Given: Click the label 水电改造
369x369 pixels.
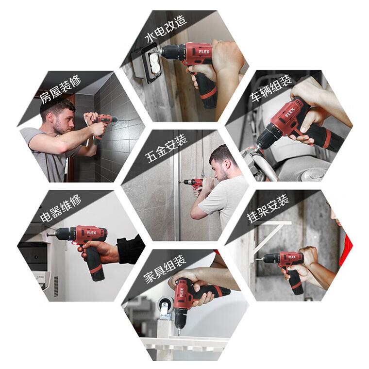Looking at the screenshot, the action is coord(166,29).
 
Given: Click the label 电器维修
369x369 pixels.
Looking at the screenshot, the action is coord(61,208).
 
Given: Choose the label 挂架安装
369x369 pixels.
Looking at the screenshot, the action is coord(268,208).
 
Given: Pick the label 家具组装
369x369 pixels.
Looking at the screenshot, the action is coord(165,269).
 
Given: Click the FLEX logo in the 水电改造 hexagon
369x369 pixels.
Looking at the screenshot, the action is coord(204,51).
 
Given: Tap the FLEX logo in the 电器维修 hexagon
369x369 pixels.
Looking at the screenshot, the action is coord(92,233).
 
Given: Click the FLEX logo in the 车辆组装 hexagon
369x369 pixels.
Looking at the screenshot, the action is coord(290,113).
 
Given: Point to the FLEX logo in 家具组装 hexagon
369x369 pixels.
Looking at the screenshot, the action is coord(182,293).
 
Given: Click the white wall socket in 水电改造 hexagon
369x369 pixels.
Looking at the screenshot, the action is coord(154,63).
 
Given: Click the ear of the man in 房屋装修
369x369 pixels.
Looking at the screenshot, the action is coord(50,117).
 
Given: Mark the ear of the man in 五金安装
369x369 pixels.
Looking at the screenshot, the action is coord(227,164).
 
